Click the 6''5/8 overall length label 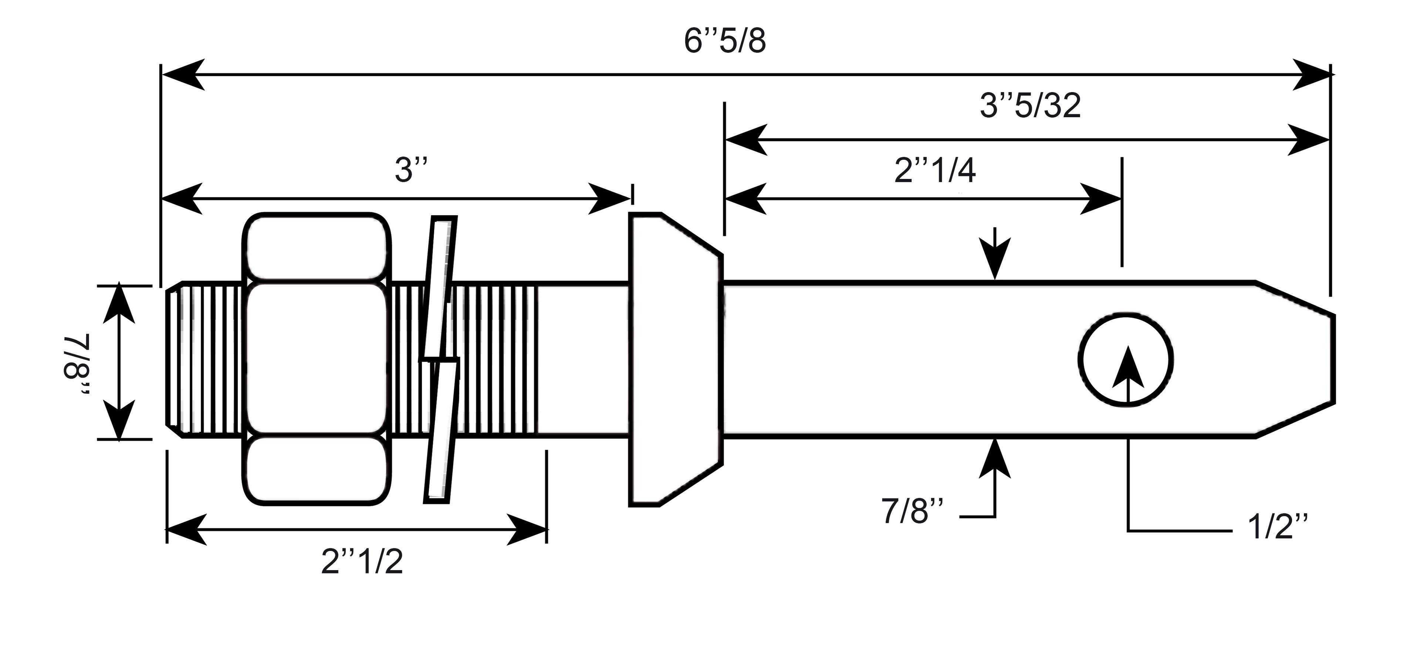(725, 41)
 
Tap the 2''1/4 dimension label (935, 170)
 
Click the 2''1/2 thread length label (362, 563)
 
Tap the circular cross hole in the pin (1126, 360)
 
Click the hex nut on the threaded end (317, 359)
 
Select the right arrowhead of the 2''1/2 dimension (527, 530)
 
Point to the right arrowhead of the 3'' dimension (609, 199)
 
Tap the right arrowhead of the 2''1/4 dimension (1100, 199)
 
